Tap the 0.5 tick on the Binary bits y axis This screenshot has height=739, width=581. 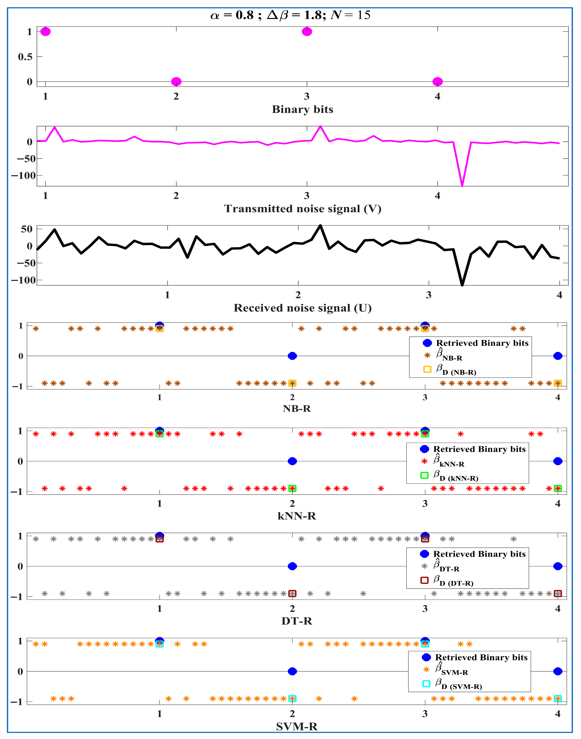[25, 56]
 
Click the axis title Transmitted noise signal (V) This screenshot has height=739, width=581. [302, 209]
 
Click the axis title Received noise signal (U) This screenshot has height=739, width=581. [302, 308]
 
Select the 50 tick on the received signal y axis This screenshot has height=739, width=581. [27, 229]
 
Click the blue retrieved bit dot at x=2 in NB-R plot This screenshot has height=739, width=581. [292, 356]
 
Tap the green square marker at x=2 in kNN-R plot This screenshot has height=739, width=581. [292, 488]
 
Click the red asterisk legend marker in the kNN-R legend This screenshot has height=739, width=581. [424, 461]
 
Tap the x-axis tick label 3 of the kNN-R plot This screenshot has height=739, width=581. [425, 503]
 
